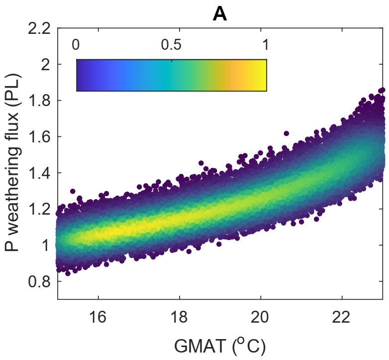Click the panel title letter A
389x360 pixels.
[220, 14]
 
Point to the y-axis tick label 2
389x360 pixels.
[47, 65]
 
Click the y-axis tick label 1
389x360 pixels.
[47, 245]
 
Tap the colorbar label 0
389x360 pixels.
[76, 45]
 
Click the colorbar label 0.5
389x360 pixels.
[171, 45]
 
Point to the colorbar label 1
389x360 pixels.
[265, 45]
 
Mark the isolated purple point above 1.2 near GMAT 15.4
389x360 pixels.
[73, 191]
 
